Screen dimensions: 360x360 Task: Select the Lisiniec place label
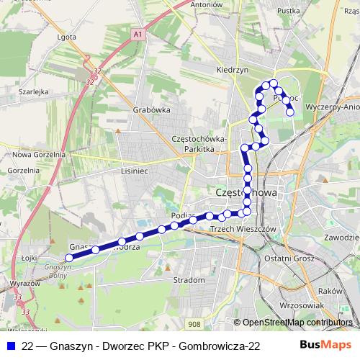[x=135, y=171]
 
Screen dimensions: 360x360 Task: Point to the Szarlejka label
[x=34, y=92]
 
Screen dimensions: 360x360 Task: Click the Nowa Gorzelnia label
[x=34, y=154]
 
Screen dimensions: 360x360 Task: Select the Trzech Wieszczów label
[x=243, y=228]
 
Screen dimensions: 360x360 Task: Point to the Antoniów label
[x=206, y=4]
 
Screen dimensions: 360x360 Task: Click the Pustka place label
[x=288, y=11]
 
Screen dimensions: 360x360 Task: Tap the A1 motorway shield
[x=139, y=33]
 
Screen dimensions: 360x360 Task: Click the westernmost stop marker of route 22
[x=69, y=256]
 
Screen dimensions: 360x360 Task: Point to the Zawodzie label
[x=342, y=237]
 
